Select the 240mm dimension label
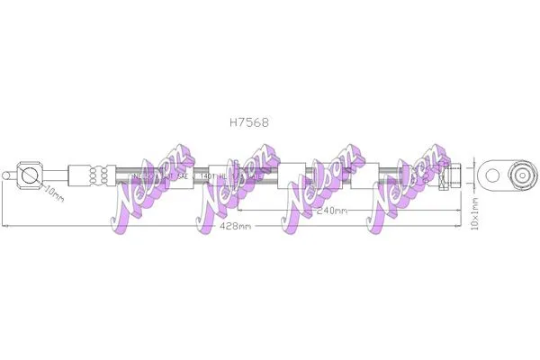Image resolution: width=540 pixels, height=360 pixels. [x=334, y=211]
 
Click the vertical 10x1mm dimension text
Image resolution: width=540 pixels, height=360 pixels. [x=476, y=214]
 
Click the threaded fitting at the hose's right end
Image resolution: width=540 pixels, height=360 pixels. [x=452, y=174]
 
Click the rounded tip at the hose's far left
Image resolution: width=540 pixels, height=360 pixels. [x=8, y=174]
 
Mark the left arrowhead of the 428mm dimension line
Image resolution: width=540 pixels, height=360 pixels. [x=4, y=226]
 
